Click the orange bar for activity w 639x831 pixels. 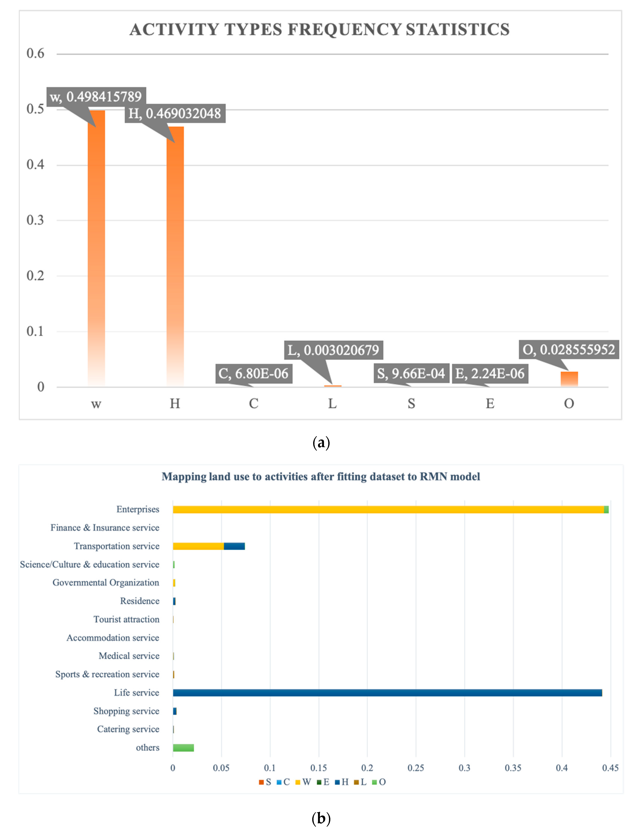tap(96, 247)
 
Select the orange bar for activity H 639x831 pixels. tap(175, 255)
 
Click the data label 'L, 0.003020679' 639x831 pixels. tap(333, 350)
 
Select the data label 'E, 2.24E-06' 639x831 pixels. tap(490, 373)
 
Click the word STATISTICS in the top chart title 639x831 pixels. tap(458, 30)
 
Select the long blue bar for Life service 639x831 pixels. tap(387, 693)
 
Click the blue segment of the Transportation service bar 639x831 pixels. tap(234, 546)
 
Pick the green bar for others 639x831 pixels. tap(183, 748)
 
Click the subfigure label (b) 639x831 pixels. tap(321, 818)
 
